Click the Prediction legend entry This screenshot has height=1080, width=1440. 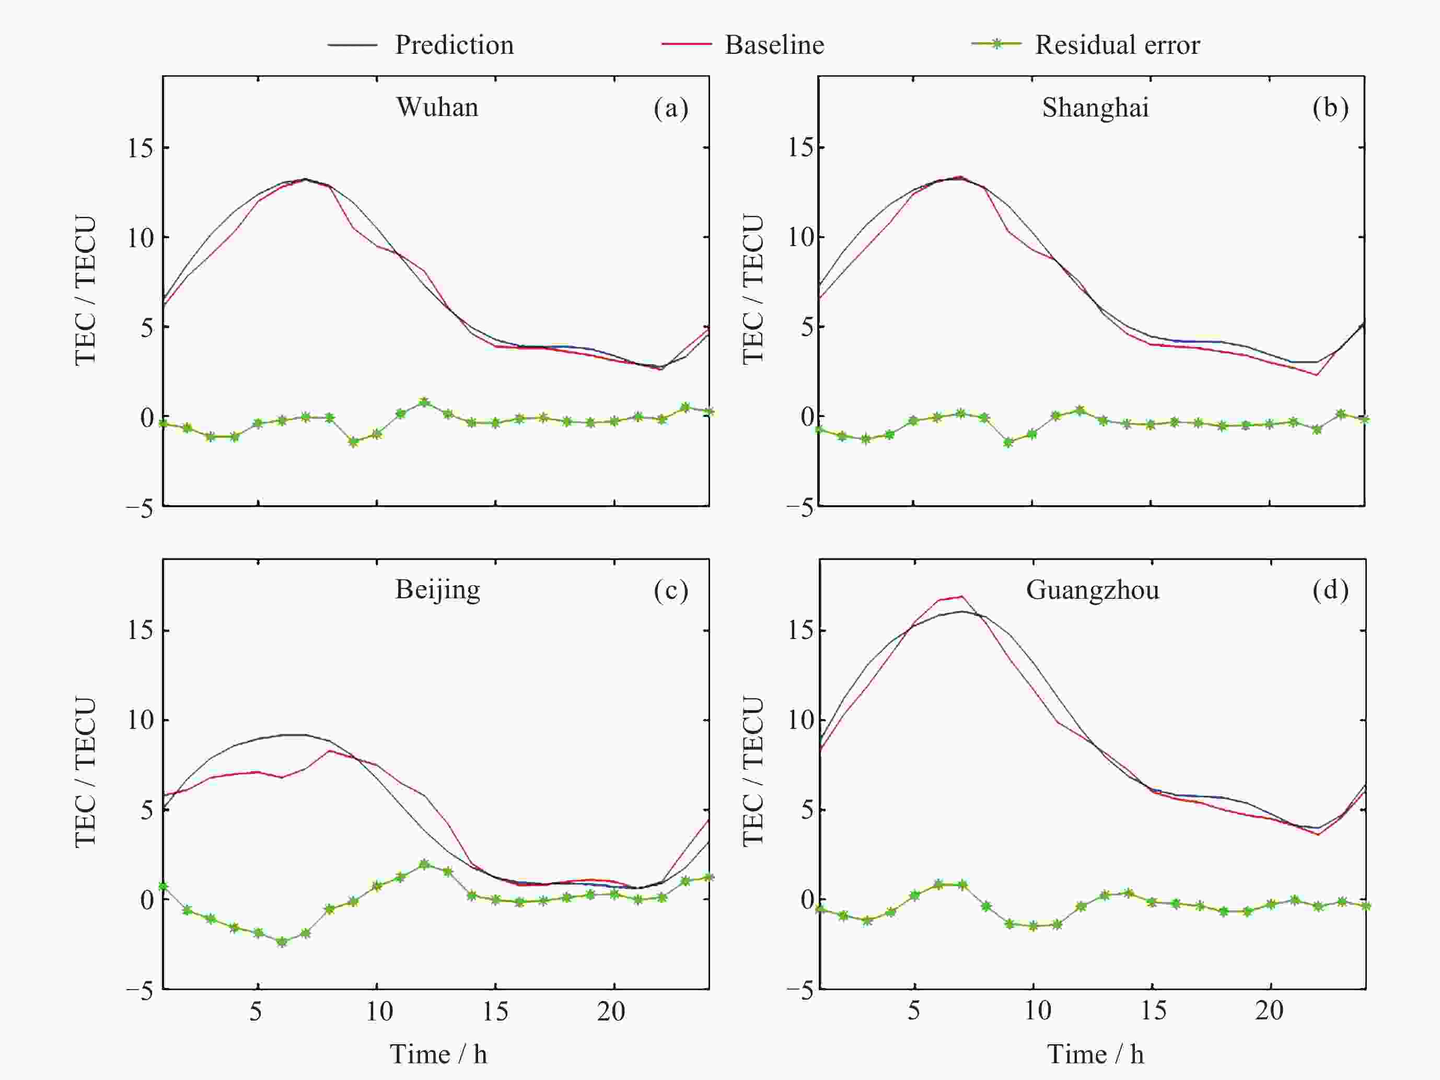pos(453,45)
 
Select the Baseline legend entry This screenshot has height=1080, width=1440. pos(774,45)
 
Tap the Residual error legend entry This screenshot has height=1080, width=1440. pos(1117,45)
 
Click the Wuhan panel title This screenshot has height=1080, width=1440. pos(437,107)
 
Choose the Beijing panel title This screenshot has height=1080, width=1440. pos(437,590)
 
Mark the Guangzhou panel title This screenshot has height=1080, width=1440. pos(1093,590)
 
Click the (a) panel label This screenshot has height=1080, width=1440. pos(670,108)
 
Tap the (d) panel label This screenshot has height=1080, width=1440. pos(1330,590)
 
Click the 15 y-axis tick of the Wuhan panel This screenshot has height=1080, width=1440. pos(140,148)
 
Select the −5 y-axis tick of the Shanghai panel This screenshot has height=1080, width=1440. pos(799,508)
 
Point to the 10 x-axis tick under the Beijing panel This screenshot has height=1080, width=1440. pos(379,1011)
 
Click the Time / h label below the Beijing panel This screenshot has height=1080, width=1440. pos(438,1054)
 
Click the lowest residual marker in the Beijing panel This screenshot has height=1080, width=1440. pos(282,942)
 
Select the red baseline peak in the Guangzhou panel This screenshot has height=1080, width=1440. pos(961,596)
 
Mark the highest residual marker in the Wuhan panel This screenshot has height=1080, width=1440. pos(424,402)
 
